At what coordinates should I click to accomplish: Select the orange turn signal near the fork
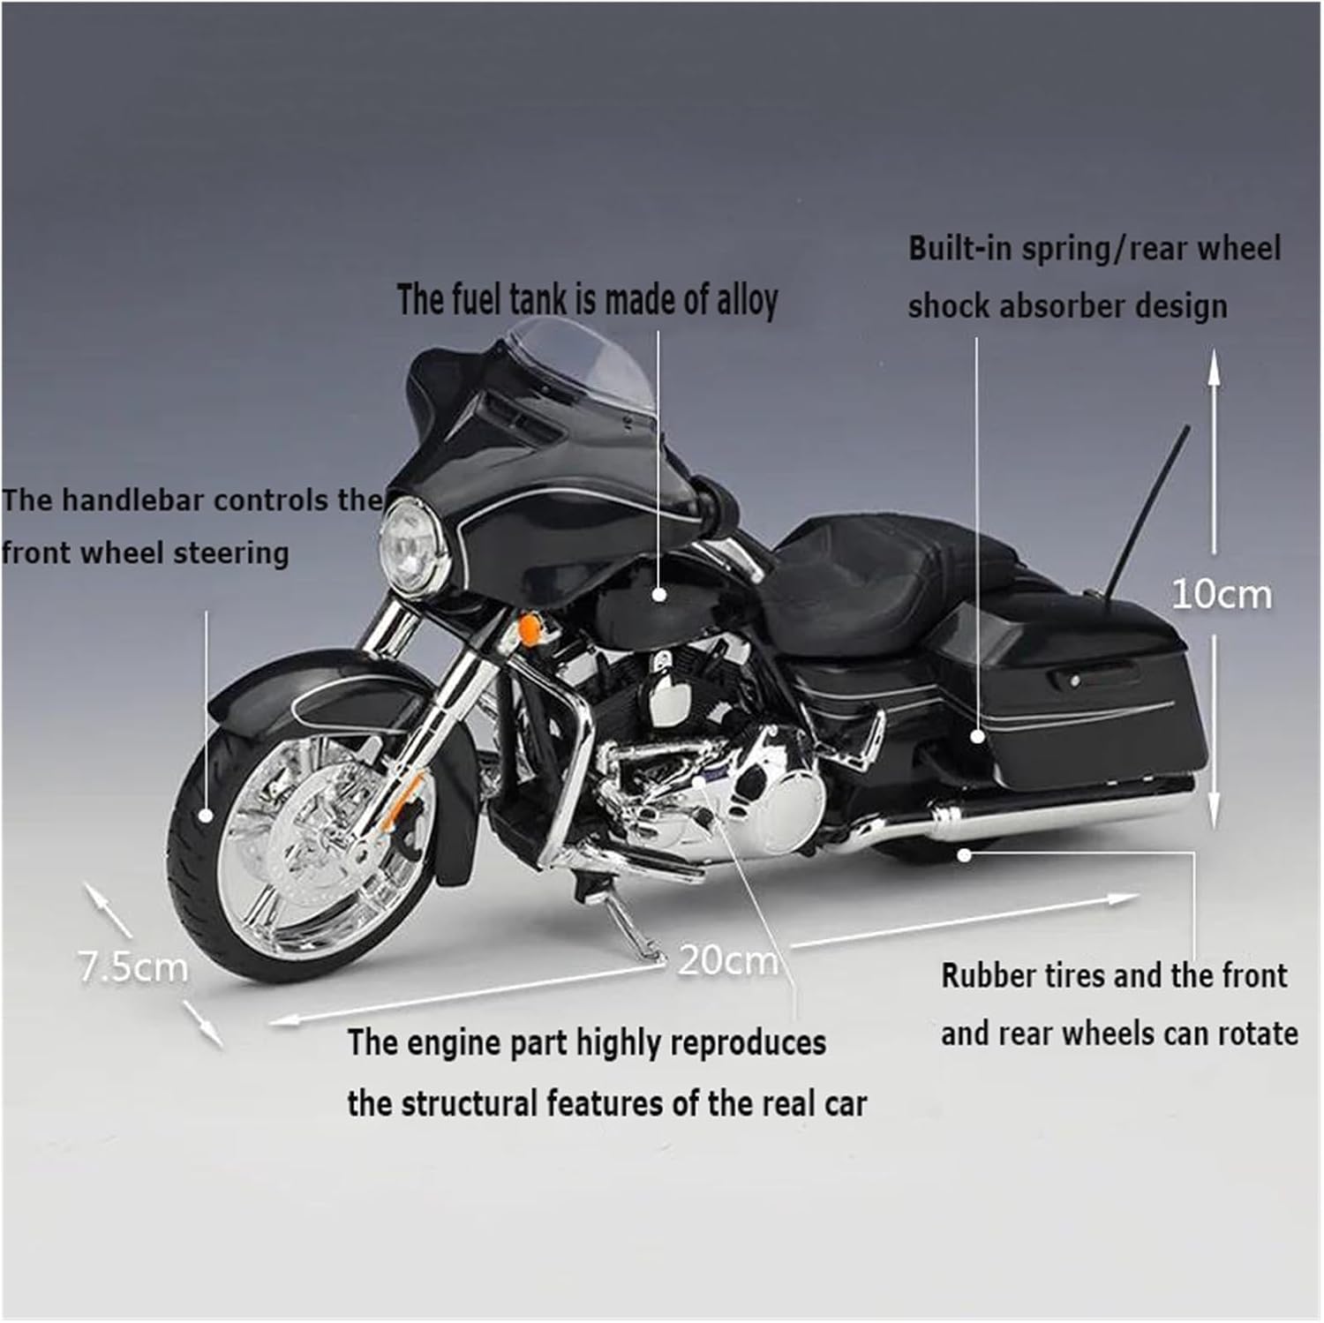point(528,629)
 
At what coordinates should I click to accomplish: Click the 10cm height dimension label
point(1222,595)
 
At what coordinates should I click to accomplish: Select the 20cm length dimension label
point(727,960)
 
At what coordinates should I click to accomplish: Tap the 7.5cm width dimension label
point(133,967)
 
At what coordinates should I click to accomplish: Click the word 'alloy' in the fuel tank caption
point(746,300)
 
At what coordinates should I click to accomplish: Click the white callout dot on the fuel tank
point(658,594)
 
